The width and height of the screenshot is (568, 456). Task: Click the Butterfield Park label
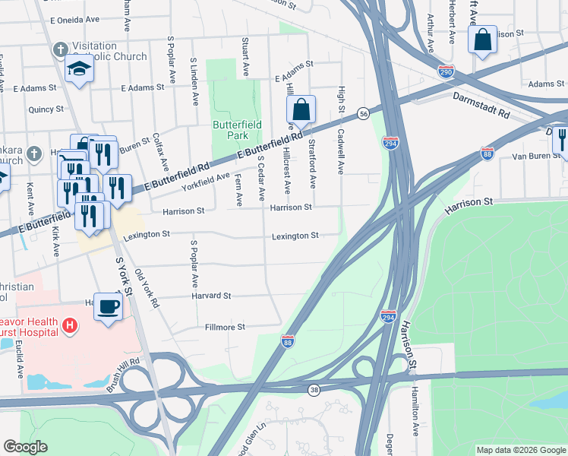tap(237, 130)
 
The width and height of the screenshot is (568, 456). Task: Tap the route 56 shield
tap(364, 112)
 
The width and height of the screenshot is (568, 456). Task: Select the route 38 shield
tap(314, 390)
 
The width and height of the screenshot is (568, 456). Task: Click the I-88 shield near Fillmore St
tap(288, 343)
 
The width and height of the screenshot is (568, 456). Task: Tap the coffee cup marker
tap(108, 306)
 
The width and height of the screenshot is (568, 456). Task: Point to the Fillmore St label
tap(226, 328)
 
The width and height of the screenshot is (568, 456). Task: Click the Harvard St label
tap(211, 296)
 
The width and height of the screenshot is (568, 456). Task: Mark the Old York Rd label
tap(147, 287)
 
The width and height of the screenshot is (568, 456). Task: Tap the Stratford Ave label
tap(312, 163)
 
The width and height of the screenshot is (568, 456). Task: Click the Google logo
tap(26, 447)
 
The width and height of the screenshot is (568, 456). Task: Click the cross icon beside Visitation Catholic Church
tap(59, 50)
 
